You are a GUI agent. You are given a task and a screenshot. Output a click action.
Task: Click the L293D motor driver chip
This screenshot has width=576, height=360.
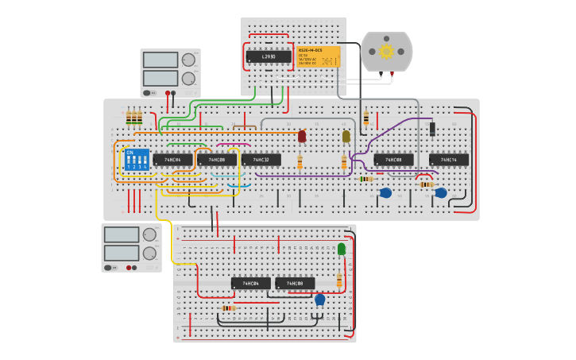pos(269,56)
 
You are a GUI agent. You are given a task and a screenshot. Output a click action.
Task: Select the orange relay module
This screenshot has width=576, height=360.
pos(318,56)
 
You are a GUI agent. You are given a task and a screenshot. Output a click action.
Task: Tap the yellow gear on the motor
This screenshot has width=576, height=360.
pos(386,52)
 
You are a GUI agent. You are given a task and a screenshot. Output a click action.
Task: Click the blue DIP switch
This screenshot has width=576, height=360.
pos(137,160)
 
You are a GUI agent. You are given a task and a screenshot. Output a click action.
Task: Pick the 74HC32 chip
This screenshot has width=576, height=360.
pos(261,160)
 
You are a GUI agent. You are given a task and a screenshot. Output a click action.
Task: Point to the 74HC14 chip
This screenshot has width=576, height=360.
pos(449,160)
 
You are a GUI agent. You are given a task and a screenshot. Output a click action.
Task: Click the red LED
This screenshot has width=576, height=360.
pos(302,137)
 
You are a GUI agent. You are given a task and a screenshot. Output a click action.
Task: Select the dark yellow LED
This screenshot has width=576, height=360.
pos(346,137)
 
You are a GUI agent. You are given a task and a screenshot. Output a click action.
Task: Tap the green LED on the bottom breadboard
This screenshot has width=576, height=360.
pos(342,250)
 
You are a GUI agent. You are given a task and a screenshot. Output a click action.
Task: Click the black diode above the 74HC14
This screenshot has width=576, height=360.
pos(432,129)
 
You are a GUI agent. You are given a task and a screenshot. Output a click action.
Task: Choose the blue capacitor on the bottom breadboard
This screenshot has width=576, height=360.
pos(320,300)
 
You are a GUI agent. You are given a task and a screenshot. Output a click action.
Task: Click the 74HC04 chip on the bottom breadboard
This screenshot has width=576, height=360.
pos(251,284)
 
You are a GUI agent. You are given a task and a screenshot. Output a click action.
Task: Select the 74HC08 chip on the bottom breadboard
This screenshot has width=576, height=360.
pos(295,284)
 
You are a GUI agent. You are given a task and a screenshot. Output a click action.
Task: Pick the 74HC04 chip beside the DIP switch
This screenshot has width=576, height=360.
pos(173,160)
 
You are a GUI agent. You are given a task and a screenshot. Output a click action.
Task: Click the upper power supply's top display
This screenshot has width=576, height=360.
pos(160,60)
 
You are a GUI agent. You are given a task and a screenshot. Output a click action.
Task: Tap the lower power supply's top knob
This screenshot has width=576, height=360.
pos(149,234)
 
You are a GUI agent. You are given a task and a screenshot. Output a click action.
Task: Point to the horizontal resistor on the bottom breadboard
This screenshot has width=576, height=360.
pos(229,308)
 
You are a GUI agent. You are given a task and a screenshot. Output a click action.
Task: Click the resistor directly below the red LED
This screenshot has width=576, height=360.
pos(300,163)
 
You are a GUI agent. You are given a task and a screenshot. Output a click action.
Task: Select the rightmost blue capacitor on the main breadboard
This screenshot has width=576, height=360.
pos(441,192)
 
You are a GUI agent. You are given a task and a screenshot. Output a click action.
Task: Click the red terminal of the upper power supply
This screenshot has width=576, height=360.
pos(168,93)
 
